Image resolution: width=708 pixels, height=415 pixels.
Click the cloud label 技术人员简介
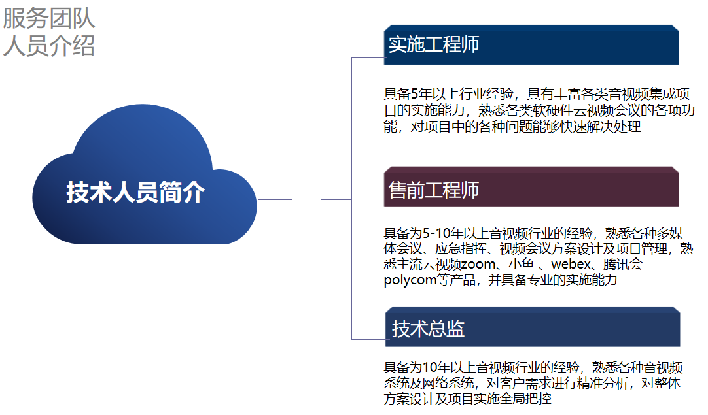(135, 192)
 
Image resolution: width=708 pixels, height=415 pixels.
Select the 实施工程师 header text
(433, 44)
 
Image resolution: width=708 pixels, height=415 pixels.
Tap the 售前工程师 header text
(433, 190)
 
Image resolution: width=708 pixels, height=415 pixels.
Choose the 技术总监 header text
(428, 329)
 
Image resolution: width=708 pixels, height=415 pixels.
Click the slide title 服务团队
(49, 18)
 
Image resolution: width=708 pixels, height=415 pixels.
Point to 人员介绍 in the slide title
(49, 46)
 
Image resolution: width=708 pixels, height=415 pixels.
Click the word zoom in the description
(478, 264)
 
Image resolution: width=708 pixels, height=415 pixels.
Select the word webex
(571, 264)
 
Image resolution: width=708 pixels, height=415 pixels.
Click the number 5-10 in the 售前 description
(436, 233)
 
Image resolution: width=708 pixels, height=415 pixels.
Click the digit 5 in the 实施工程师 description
(414, 94)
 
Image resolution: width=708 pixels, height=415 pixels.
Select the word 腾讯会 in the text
(623, 264)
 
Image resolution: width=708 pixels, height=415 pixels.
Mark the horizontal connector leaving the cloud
(304, 199)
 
